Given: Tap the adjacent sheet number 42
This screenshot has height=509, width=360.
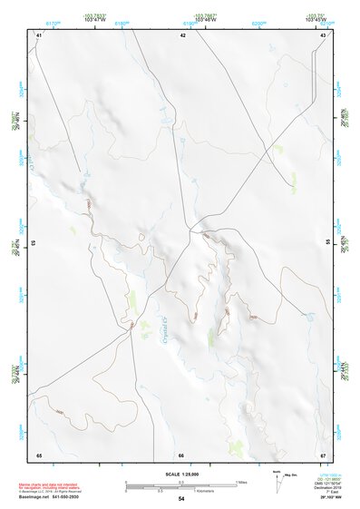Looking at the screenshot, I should point(182,34).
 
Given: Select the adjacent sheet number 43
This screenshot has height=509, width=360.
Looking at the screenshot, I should point(324,34).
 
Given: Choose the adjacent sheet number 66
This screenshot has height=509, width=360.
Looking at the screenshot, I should point(181,455).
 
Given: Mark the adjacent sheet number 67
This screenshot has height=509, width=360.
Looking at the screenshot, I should point(324,454).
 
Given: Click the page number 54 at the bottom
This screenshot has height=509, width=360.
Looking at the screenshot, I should point(181,498).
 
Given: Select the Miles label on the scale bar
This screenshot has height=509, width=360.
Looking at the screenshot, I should point(240,482).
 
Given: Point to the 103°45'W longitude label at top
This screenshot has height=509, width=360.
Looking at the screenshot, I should point(316,17).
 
